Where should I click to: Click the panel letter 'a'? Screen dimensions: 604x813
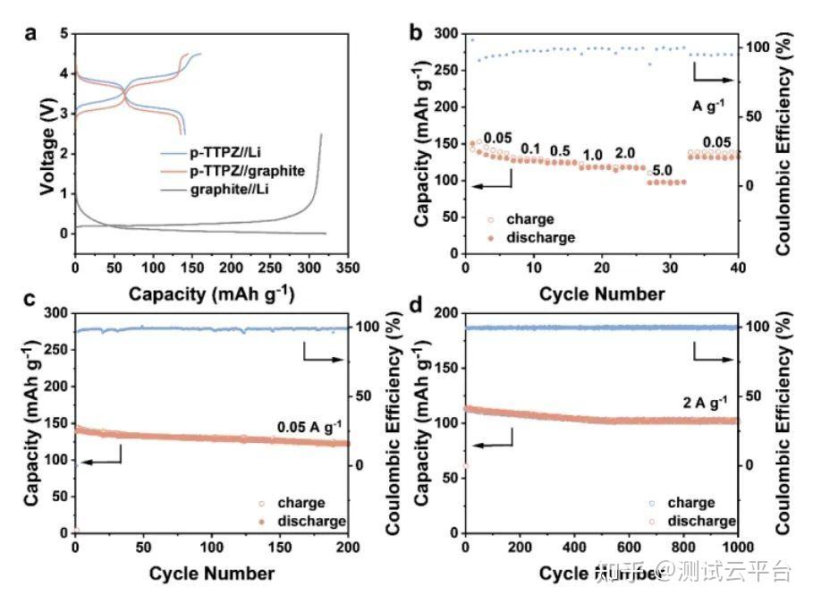pyautogui.click(x=32, y=34)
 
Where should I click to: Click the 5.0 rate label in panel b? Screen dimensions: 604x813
pyautogui.click(x=663, y=170)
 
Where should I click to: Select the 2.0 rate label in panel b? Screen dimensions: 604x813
pyautogui.click(x=625, y=153)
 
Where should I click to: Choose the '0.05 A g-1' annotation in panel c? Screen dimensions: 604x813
pyautogui.click(x=312, y=427)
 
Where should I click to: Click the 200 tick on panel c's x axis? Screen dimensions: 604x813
pyautogui.click(x=348, y=547)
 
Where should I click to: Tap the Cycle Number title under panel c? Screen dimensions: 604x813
pyautogui.click(x=212, y=573)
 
